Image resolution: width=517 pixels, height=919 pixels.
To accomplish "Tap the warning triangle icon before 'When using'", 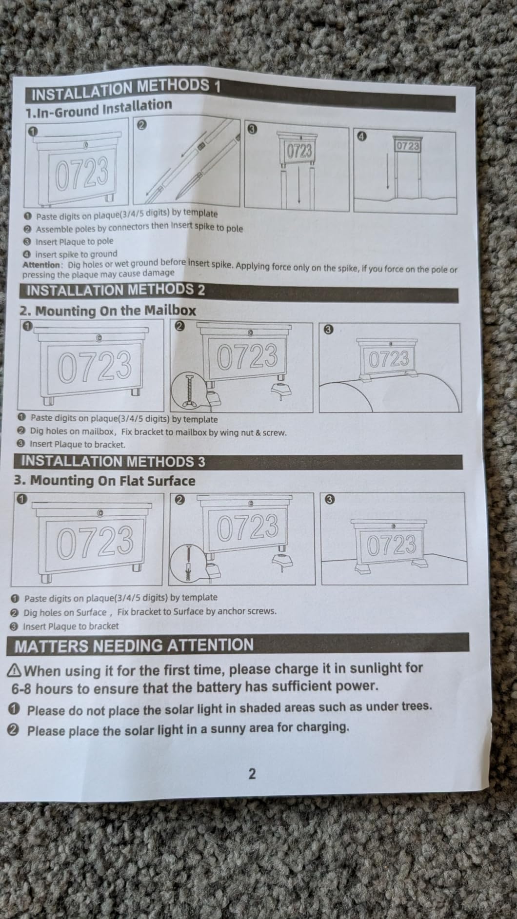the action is click(15, 671).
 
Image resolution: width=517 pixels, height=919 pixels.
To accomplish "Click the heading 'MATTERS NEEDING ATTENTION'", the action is click(134, 646).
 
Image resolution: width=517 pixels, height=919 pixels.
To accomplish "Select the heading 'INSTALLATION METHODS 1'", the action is click(126, 88).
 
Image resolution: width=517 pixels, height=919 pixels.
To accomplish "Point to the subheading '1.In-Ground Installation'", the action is click(99, 108).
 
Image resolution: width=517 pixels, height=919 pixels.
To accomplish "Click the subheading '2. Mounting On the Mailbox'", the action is click(108, 311).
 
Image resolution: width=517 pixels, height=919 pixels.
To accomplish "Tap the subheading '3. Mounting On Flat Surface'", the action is click(104, 481).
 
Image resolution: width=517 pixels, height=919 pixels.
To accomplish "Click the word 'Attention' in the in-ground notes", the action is click(41, 265).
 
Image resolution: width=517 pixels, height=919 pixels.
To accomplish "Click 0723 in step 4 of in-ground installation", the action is click(408, 146).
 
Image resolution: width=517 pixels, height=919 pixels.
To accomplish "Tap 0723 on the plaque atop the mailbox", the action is click(389, 359).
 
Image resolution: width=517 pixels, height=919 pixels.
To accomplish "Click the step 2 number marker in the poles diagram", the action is click(141, 125).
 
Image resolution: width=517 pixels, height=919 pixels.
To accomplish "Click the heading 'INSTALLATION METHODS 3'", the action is click(113, 461).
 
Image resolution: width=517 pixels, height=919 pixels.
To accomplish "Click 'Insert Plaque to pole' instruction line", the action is click(75, 241).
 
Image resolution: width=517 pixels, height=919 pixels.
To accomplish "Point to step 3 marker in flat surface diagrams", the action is click(330, 500).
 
